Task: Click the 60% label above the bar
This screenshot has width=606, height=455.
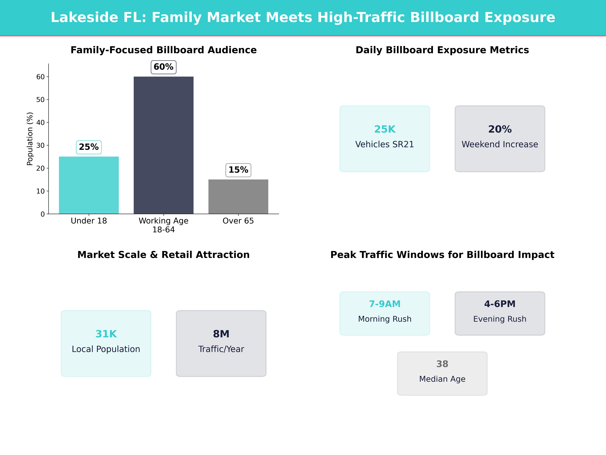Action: coord(163,67)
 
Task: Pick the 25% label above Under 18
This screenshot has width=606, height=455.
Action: coord(89,147)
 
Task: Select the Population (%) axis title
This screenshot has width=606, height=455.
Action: coord(30,139)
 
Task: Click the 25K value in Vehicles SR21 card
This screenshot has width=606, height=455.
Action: coord(385,129)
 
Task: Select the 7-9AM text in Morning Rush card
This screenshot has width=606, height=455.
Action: coord(385,304)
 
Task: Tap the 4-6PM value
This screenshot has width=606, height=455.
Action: coord(500,304)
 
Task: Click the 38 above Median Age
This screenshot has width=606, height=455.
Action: coord(442,364)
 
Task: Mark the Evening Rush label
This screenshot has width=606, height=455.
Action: coord(500,319)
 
